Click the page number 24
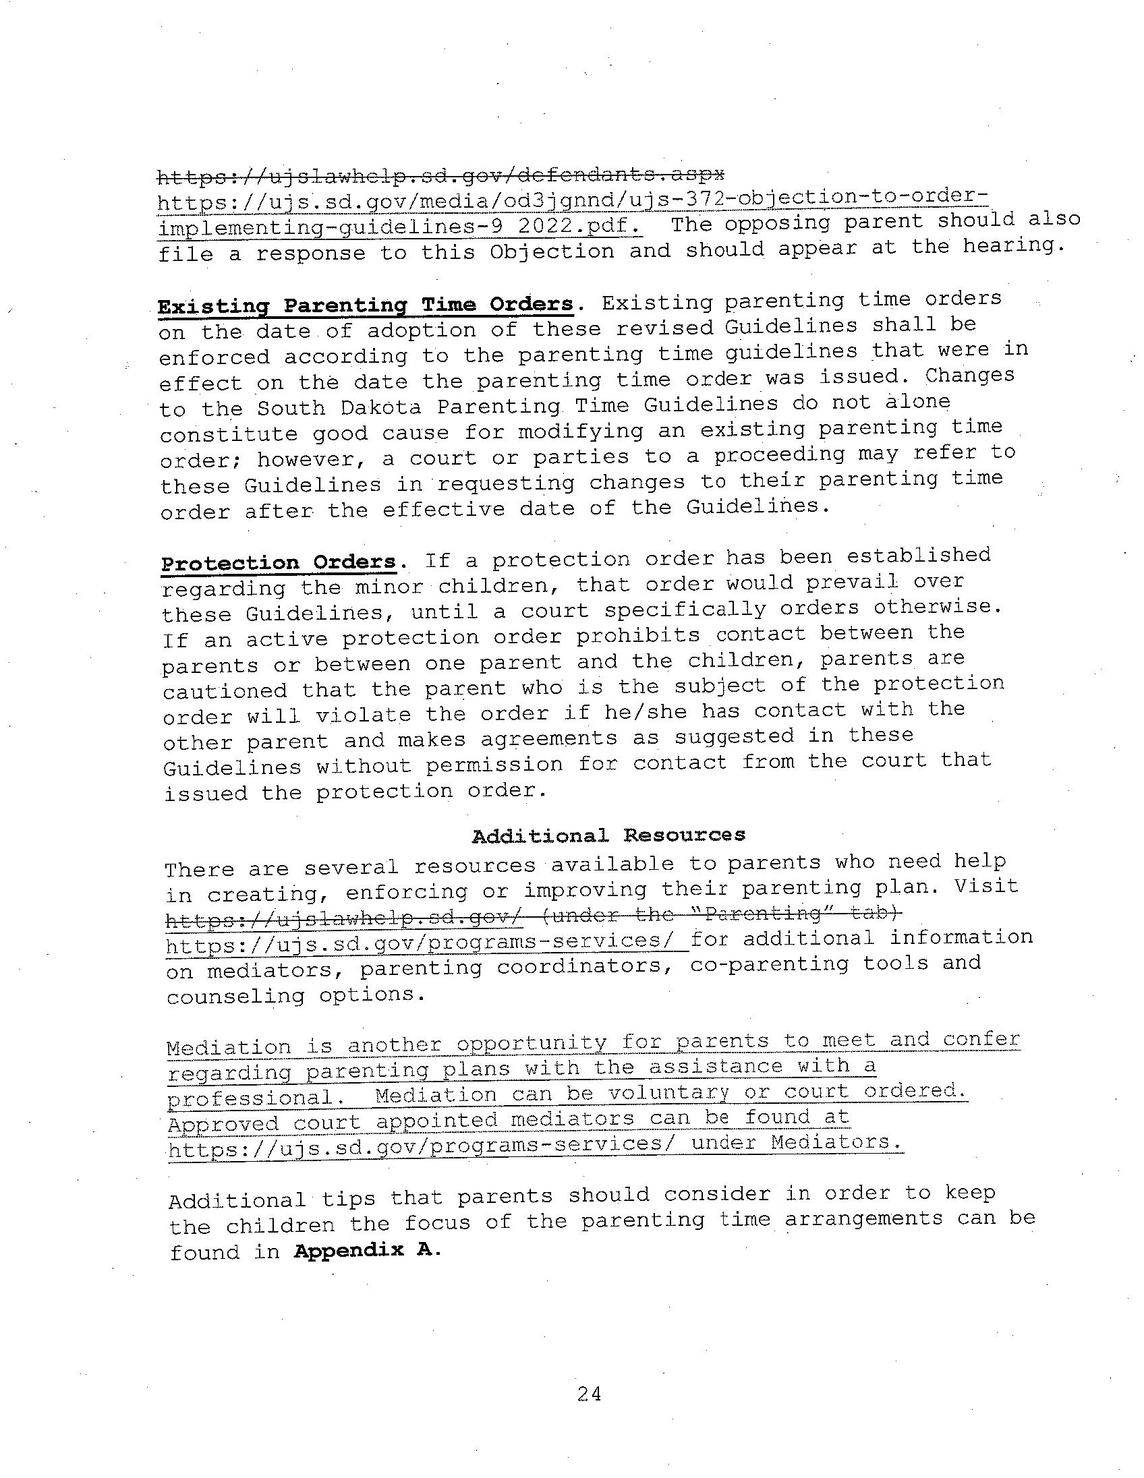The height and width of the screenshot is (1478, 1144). point(589,1394)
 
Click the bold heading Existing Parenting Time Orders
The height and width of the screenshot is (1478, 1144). point(366,305)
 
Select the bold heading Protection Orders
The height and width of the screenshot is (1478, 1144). point(279,562)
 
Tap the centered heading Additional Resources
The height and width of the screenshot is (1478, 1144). point(608,835)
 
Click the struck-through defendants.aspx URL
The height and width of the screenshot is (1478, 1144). point(440,176)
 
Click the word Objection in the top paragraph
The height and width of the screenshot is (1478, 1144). point(552,252)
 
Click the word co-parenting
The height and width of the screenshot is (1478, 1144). point(769,964)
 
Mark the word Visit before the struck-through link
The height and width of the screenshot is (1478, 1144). point(986,886)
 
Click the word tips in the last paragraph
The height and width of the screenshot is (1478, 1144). point(348,1198)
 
